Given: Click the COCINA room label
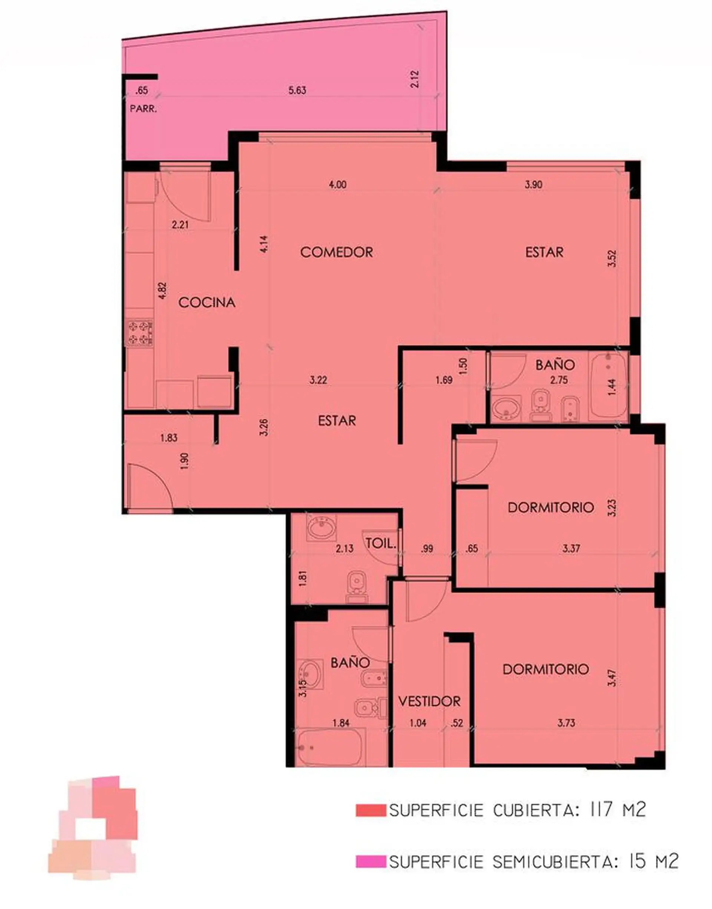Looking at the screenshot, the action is coord(207,303).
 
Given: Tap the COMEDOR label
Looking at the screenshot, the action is coord(336,252).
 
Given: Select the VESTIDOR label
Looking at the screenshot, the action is coord(429,701).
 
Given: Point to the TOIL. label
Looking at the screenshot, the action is coord(380,543).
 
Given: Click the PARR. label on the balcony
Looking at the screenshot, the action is coord(144,109).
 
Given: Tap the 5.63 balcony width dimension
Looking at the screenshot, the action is coord(297,90).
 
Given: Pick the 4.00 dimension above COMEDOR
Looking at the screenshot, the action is coord(337,184).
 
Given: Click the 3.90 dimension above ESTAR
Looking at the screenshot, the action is coord(533,184).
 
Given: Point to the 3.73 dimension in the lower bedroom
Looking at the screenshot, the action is coord(567,723).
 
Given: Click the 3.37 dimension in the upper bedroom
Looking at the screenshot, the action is coord(571,549).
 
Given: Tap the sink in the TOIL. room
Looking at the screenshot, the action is coord(321,528).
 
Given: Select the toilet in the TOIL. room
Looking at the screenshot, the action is coord(357,587).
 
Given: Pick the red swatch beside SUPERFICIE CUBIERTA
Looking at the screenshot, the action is coord(371,810).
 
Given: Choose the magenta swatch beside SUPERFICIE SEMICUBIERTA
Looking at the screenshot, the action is coord(371,862).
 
